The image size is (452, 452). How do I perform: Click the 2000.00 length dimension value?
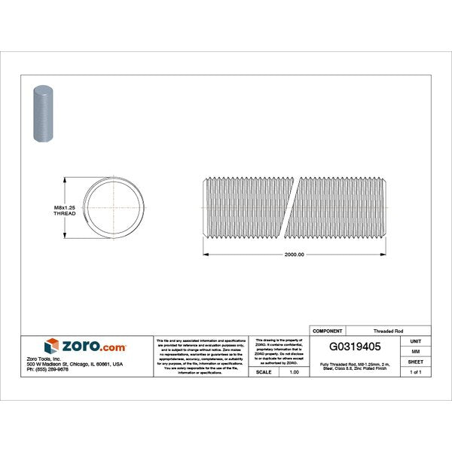[294, 255]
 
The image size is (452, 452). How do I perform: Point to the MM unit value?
[415, 350]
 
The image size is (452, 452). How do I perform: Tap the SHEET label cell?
[415, 361]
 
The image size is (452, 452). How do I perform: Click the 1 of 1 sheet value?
[415, 371]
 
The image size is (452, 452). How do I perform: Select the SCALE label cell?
[264, 371]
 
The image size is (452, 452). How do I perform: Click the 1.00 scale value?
[295, 371]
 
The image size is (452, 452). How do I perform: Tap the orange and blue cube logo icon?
[52, 347]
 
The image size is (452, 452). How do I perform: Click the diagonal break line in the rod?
[293, 206]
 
